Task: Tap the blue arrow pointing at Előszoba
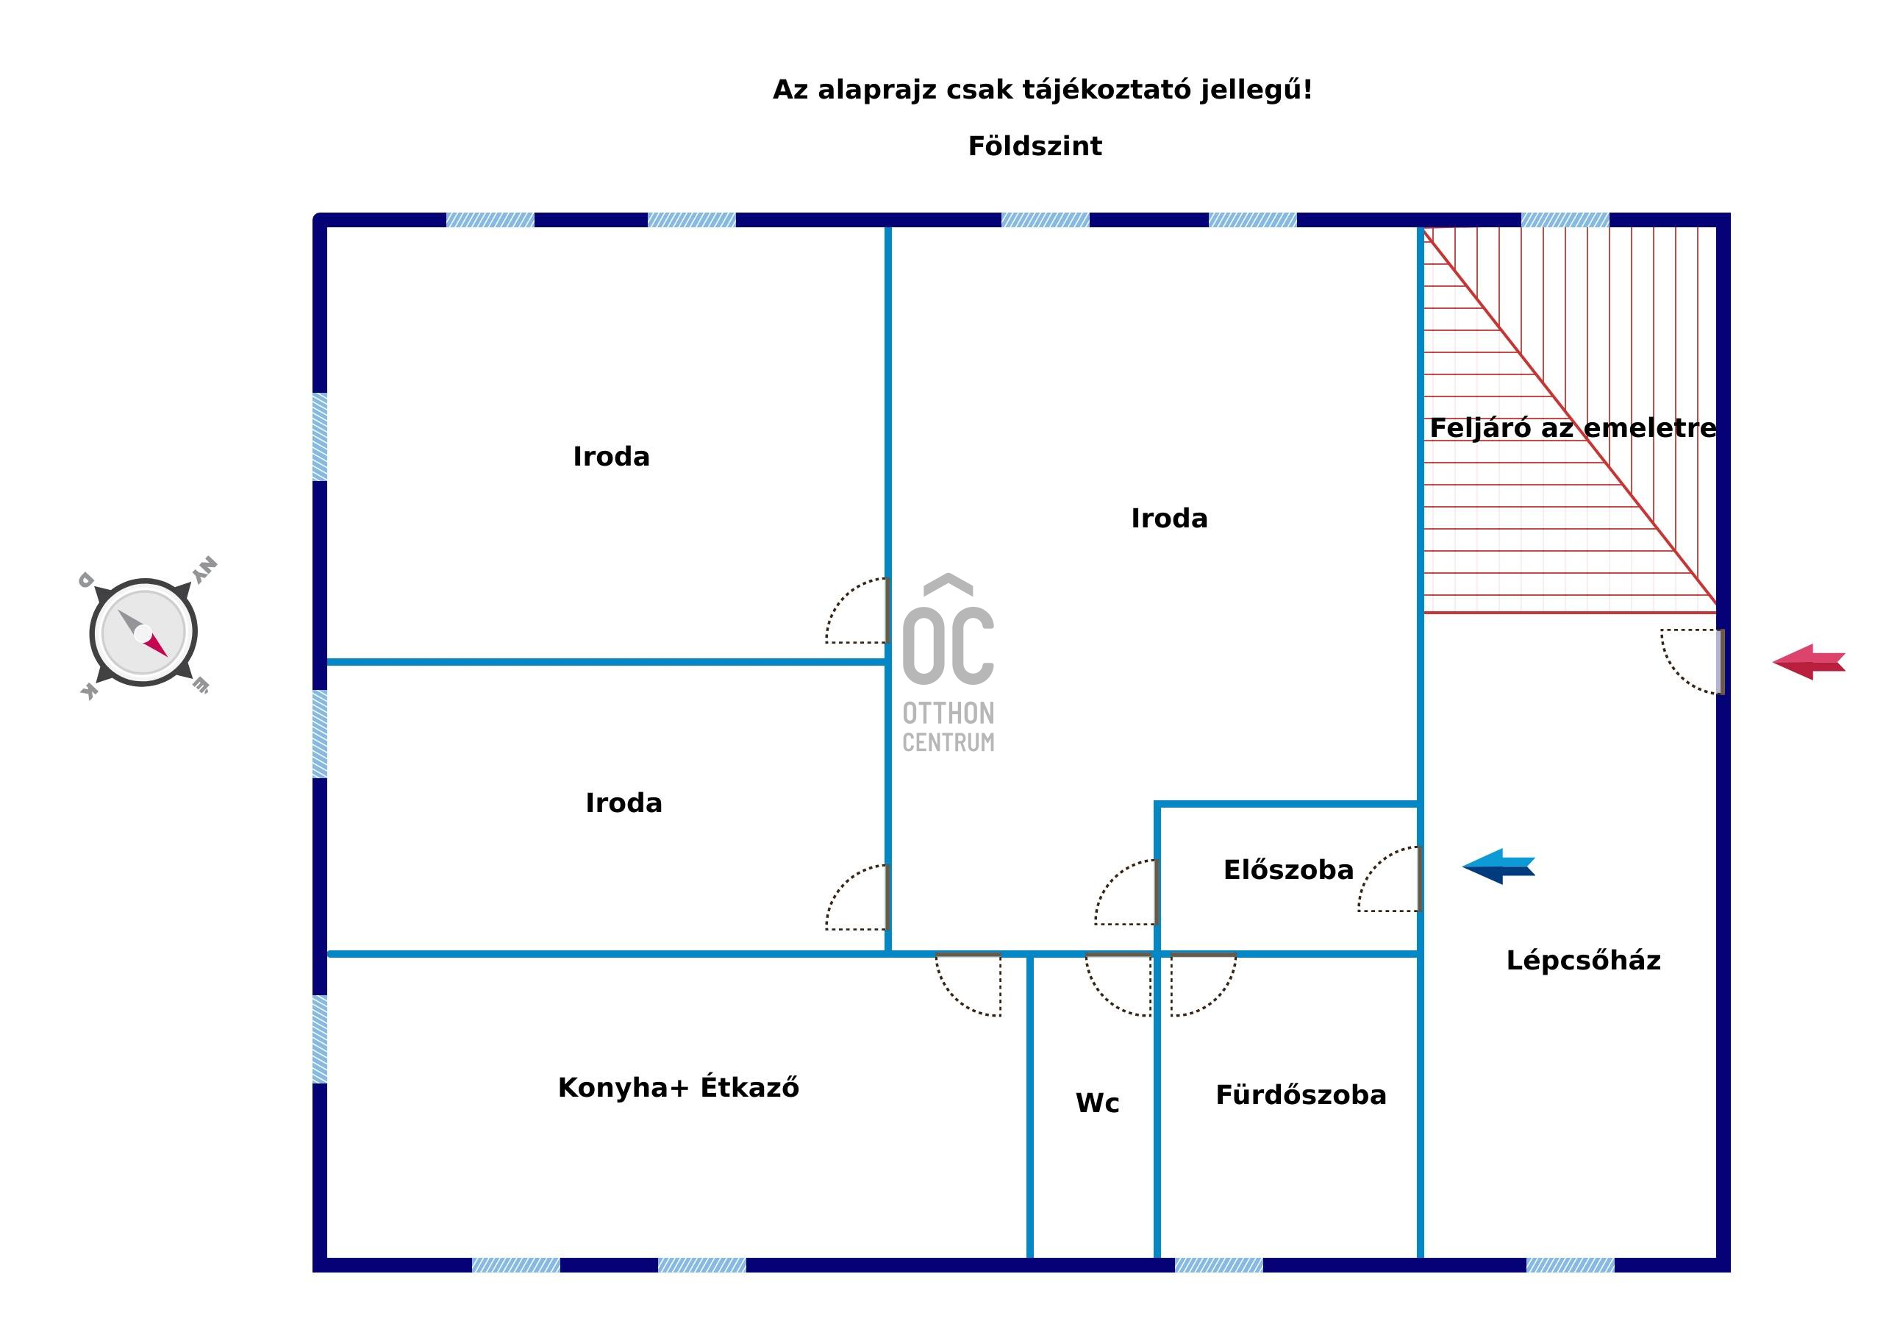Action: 1498,866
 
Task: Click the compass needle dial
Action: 143,633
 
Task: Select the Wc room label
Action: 1097,1103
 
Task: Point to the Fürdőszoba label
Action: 1301,1095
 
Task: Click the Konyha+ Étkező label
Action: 679,1087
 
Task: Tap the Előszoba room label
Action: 1288,869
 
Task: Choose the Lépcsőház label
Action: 1583,961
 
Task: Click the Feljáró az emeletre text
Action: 1572,428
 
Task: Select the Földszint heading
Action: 1035,146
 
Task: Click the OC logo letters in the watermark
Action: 948,644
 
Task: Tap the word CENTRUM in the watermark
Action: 948,742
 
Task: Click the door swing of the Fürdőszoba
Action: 1203,984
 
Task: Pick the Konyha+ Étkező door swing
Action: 968,984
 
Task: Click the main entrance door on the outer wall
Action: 1694,661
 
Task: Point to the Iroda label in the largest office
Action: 1169,518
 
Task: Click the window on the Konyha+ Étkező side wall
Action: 320,1039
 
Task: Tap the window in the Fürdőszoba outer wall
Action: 1218,1265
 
